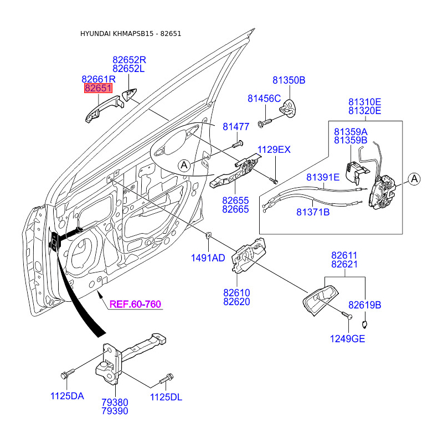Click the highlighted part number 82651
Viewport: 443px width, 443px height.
coord(98,89)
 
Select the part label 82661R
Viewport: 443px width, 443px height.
coord(98,79)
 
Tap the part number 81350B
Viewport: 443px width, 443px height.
coord(289,80)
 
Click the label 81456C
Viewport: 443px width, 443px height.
coord(264,99)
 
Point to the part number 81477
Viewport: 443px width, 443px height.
coord(236,127)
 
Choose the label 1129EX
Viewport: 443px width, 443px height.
coord(274,150)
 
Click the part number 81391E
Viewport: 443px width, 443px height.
coord(323,177)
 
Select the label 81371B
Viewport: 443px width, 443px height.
coord(313,212)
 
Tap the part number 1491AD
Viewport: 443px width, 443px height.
coord(208,257)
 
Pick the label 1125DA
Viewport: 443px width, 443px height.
coord(68,396)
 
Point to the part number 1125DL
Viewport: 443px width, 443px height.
coord(166,397)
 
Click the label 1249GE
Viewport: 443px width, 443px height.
coord(348,339)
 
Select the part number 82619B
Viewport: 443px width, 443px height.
coord(365,305)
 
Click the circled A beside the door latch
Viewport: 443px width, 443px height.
coord(415,178)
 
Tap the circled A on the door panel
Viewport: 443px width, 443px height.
coord(184,164)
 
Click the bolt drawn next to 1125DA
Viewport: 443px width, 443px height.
coord(65,374)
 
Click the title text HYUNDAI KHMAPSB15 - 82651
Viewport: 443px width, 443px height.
coord(131,34)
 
